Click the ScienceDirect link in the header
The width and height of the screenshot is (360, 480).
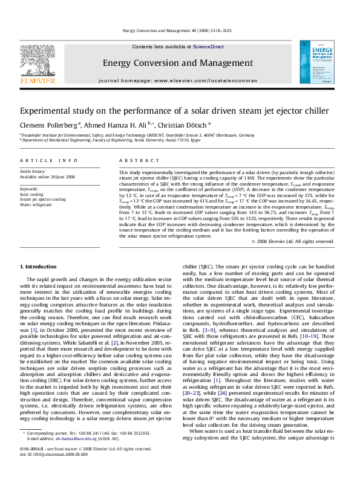pyautogui.click(x=208, y=47)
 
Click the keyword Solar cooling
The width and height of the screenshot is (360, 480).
pyautogui.click(x=32, y=194)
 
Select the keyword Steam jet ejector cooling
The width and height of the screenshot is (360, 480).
pyautogui.click(x=43, y=199)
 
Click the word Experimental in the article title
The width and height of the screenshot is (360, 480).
pyautogui.click(x=50, y=111)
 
